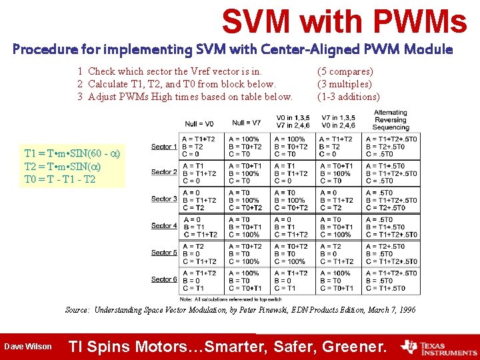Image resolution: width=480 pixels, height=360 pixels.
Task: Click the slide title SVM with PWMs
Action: pos(344,21)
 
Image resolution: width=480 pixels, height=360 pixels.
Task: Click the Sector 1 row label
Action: pos(164,146)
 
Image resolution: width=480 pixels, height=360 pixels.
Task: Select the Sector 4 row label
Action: pos(164,226)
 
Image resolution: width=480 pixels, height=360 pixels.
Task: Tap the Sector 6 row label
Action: pos(164,279)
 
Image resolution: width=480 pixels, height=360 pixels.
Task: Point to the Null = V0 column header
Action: pos(199,123)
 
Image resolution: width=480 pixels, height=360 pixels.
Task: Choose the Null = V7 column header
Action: pos(247,123)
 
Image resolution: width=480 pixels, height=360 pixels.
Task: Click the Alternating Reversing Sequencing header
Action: pos(390,120)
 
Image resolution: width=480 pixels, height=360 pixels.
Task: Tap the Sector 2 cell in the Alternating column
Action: pos(391,173)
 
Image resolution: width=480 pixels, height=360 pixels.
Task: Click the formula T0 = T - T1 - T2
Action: pos(60,179)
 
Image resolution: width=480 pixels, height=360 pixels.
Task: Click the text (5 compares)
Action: pos(345,71)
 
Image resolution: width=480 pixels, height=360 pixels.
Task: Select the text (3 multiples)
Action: pos(344,84)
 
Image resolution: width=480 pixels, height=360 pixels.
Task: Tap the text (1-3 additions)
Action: pos(349,97)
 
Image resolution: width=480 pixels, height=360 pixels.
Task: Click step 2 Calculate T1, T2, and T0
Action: pos(177,84)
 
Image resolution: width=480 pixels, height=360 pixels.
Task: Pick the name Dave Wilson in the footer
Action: pos(27,347)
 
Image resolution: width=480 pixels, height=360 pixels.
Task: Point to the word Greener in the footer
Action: pos(353,347)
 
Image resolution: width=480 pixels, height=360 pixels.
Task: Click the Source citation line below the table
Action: pos(240,310)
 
